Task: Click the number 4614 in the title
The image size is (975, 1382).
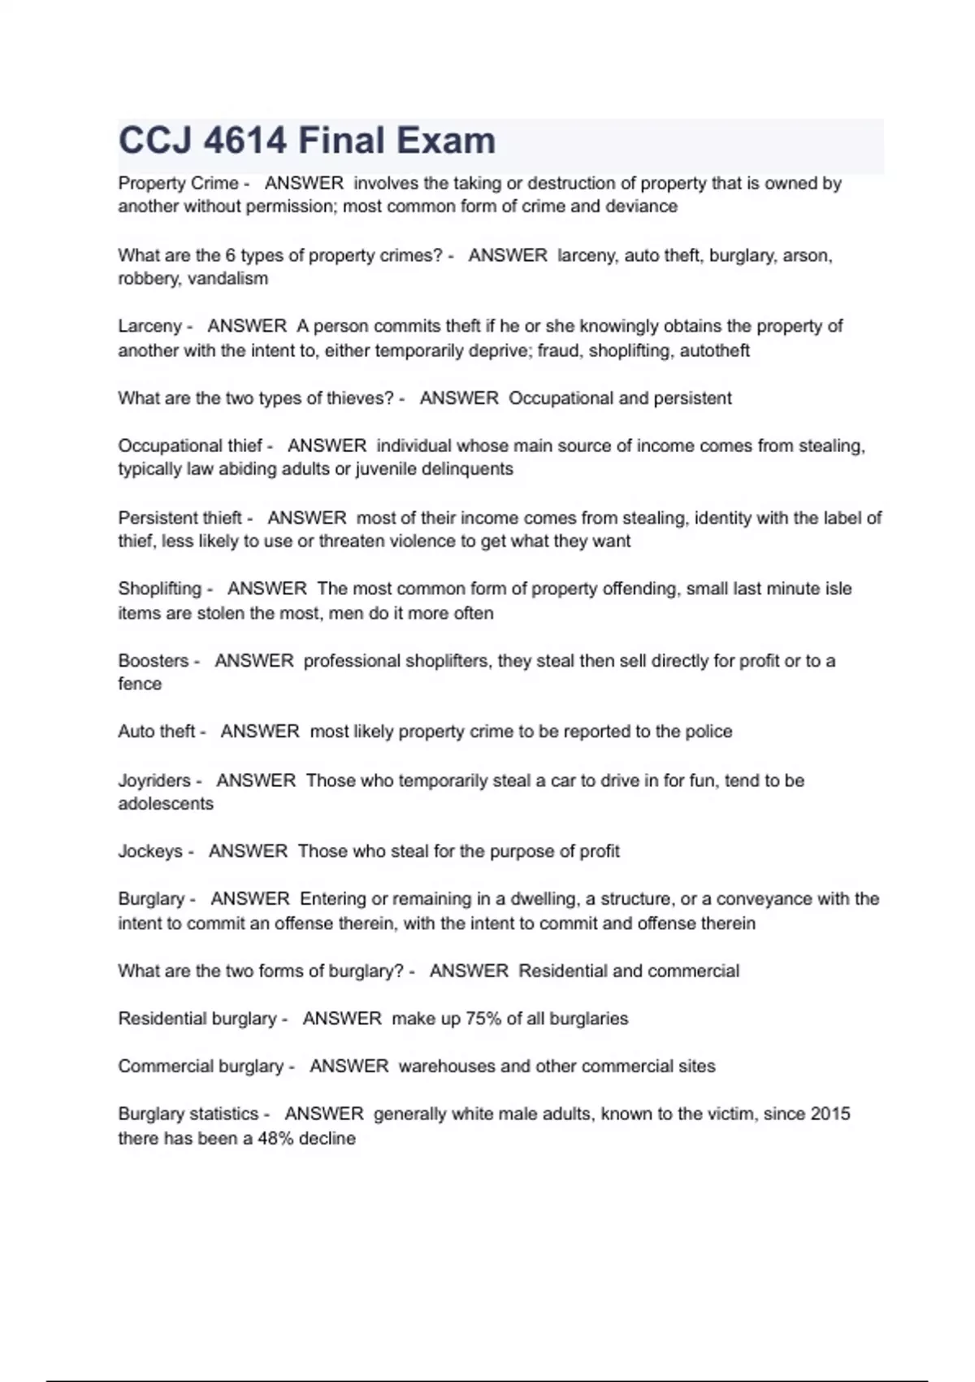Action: coord(245,141)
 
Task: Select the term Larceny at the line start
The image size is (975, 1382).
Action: coord(149,326)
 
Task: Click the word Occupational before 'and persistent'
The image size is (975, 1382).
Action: coord(561,398)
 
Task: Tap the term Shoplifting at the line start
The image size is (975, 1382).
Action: coord(159,589)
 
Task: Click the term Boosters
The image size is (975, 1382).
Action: coord(153,661)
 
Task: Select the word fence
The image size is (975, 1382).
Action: coord(140,684)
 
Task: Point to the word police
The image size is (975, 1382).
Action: coord(708,732)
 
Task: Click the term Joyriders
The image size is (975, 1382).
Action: coord(154,780)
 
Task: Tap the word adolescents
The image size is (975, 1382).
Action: coord(166,804)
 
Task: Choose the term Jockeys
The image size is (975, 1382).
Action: coord(150,851)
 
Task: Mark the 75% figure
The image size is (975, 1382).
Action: coord(483,1019)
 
